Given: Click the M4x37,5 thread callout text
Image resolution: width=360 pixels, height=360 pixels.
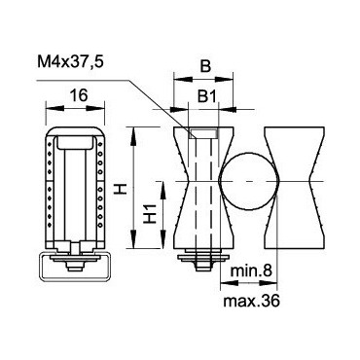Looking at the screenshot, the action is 70,61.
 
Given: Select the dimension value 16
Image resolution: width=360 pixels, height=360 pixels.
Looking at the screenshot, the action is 79,95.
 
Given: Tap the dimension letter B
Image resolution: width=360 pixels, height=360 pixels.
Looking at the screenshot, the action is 205,66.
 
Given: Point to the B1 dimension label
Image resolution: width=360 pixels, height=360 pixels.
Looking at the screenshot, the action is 206,96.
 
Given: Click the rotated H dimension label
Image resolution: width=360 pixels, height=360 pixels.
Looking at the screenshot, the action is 122,188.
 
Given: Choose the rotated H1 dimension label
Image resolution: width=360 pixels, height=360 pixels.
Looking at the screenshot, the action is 150,214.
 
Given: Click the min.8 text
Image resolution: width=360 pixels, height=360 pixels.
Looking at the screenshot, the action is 250,270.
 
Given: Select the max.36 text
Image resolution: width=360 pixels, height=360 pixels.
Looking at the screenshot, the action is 251,302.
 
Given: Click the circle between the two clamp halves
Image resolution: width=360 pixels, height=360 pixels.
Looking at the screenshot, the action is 249,182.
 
